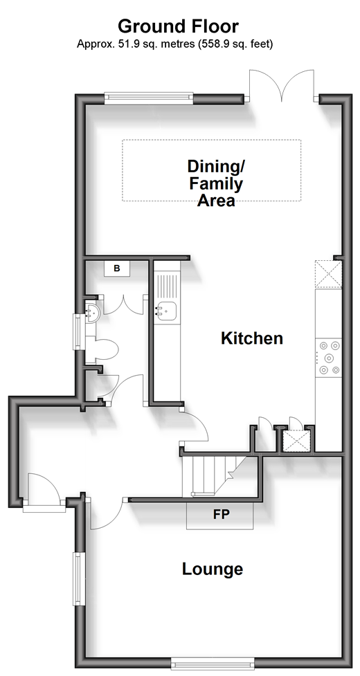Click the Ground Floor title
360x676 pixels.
(178, 26)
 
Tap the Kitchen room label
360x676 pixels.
(252, 338)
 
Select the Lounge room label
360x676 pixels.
(212, 569)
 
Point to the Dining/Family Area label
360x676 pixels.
(215, 183)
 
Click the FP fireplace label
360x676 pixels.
(221, 514)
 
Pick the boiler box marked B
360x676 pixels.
(116, 268)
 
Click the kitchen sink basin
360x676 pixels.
(166, 311)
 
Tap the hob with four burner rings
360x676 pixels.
(329, 358)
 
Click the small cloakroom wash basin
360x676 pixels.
(92, 311)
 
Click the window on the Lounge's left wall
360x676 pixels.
(78, 578)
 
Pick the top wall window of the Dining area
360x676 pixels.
(149, 98)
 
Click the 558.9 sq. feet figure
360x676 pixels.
(235, 44)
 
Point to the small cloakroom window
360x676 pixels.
(78, 331)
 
